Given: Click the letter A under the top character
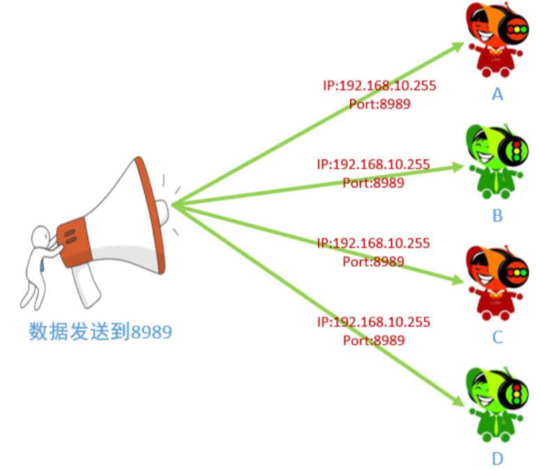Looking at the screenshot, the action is click(496, 94).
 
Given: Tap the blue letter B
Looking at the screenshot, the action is click(497, 216).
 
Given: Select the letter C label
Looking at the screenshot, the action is click(497, 337).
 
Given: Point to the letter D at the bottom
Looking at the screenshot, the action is click(497, 459).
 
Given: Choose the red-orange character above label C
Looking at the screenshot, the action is click(495, 282).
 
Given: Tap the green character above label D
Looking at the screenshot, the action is click(495, 403).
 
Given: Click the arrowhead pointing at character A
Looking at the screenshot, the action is click(459, 46).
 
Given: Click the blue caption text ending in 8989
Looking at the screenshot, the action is click(100, 332).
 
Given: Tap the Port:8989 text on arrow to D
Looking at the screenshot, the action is click(373, 341).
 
